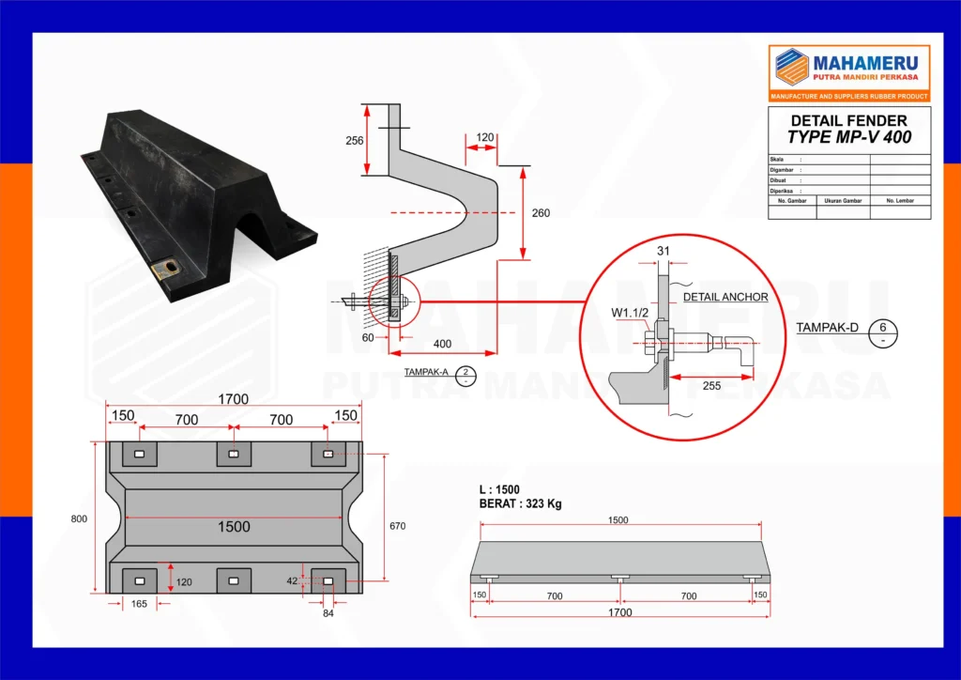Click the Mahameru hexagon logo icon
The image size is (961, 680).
[x=790, y=66]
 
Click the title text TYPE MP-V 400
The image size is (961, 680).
[x=849, y=137]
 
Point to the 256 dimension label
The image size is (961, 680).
[x=354, y=141]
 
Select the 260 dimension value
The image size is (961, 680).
[x=541, y=213]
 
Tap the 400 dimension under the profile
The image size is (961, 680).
[x=442, y=344]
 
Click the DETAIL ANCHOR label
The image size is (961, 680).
[x=725, y=297]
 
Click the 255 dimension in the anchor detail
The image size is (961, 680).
[x=710, y=385]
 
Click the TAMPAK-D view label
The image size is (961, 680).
[x=829, y=328]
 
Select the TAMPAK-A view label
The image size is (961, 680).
[x=426, y=373]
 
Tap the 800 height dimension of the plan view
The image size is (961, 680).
[x=80, y=517]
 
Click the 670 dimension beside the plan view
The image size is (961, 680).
[x=397, y=526]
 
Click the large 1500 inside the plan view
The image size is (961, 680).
[x=234, y=527]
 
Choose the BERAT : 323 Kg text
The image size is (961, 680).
[x=520, y=504]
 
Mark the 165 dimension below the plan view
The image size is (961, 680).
[x=138, y=604]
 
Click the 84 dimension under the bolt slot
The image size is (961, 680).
[x=328, y=614]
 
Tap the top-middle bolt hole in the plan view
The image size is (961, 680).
[x=234, y=456]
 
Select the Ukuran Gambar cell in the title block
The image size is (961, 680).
[x=843, y=201]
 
